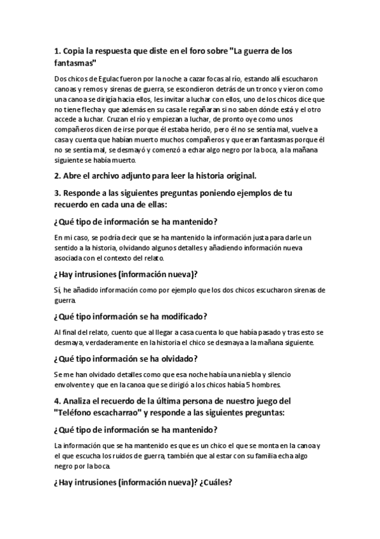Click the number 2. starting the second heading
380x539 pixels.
58,175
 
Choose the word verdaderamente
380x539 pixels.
105,342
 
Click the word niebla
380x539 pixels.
233,375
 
